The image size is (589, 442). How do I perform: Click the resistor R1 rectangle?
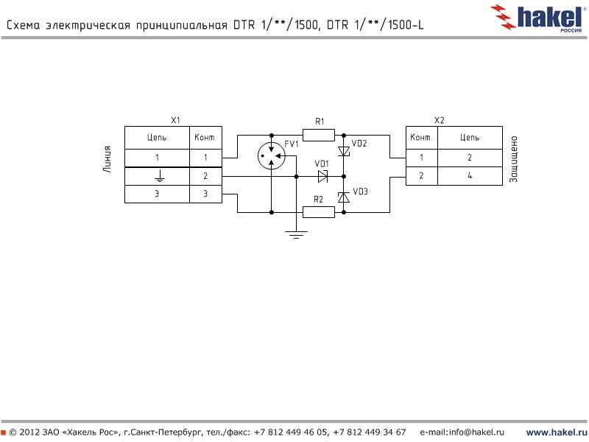[319, 135]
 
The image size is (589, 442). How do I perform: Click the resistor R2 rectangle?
[319, 212]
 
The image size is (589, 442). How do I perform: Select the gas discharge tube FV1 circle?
[272, 155]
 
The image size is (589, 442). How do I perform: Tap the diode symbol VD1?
[322, 176]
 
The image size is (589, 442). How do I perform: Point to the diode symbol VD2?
[343, 151]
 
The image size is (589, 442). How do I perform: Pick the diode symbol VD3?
[343, 197]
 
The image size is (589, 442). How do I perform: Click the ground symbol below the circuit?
[295, 235]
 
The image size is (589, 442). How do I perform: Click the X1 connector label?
[175, 120]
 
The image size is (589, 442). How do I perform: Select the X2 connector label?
[440, 120]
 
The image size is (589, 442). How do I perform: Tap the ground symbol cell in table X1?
[157, 177]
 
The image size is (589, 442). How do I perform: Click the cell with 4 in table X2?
[469, 176]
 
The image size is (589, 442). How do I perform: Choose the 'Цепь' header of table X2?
[469, 138]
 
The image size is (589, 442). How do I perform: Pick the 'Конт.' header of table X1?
[205, 138]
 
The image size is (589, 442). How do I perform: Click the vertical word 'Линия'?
[107, 158]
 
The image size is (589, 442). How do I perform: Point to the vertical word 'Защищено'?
[514, 158]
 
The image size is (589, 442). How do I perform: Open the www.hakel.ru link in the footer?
[556, 432]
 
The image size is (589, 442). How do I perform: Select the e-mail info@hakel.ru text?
[462, 432]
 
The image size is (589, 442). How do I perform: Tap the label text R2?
[318, 199]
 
